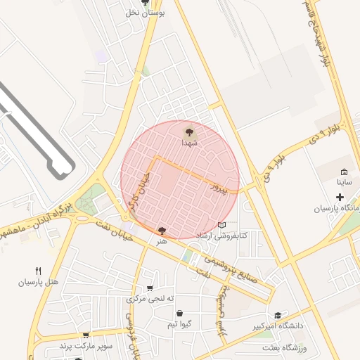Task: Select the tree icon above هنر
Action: click(x=162, y=230)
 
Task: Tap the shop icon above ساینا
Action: click(x=344, y=172)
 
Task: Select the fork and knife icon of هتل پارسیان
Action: click(x=38, y=271)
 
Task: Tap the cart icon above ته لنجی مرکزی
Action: click(x=150, y=288)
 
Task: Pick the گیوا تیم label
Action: click(x=181, y=324)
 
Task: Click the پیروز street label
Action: click(x=221, y=187)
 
